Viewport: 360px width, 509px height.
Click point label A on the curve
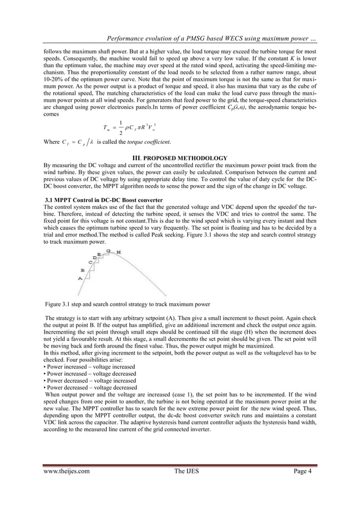(80, 278)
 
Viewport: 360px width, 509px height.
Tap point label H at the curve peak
(118, 252)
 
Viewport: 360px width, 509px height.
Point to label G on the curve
(108, 250)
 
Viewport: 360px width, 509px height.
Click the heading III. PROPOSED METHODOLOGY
(179, 157)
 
